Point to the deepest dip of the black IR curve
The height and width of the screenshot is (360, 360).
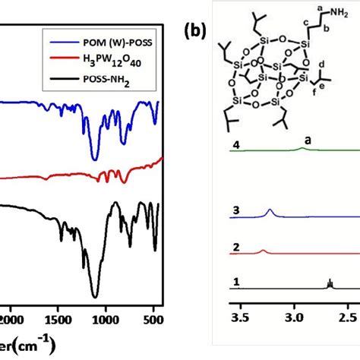(x=95, y=296)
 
